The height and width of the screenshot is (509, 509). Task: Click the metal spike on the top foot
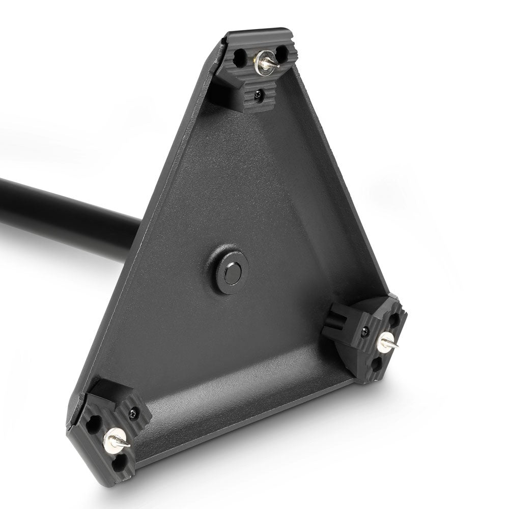tap(272, 65)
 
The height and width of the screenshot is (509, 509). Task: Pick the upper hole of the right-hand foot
tap(394, 321)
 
